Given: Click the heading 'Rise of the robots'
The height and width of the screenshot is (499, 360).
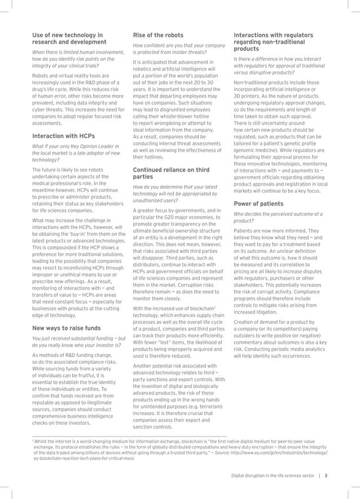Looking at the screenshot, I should pos(156,35).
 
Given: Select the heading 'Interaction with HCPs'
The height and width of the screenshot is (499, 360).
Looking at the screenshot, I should pos(63,136).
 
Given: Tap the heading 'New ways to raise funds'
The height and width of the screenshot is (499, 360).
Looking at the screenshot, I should pos(67,327).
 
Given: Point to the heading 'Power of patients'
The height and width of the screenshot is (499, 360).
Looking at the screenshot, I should pos(260,204).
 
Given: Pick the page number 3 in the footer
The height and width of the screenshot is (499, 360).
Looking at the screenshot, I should pos(326,475).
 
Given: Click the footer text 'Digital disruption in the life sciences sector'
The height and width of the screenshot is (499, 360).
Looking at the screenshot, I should pos(273,475).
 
